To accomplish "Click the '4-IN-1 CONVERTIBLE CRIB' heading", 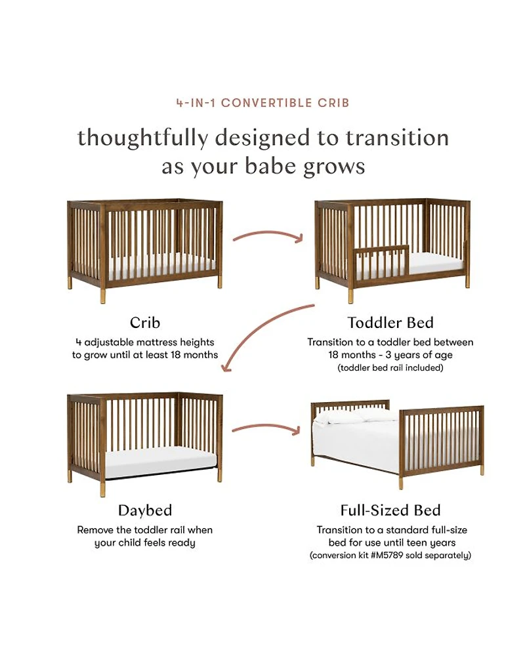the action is coord(262,103).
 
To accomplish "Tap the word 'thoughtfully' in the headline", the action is coord(143,138).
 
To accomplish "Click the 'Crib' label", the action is coord(145,323).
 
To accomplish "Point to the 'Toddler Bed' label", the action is coord(390,323).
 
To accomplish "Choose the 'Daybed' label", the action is coord(145,510).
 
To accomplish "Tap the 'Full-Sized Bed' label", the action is coord(390,510).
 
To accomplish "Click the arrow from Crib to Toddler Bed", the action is coord(268,234).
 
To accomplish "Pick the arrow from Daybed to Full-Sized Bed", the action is coord(266,427).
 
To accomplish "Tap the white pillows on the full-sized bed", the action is coord(356,416).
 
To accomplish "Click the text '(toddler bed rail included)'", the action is coord(390,368).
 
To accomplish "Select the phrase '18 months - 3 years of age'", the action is coord(390,355).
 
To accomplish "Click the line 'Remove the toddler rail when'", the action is coord(145,530).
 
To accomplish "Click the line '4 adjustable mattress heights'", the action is coord(145,342).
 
